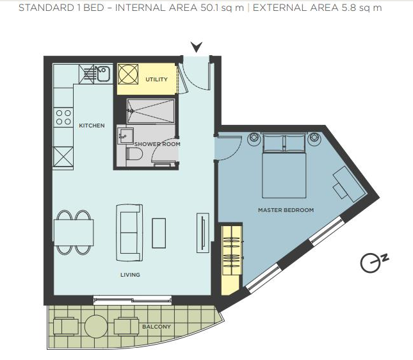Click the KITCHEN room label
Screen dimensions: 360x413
pos(92,126)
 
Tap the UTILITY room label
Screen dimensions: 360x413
pos(156,79)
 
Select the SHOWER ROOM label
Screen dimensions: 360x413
pos(157,144)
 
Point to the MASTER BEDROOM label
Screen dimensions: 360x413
pos(286,210)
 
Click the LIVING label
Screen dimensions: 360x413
pos(130,275)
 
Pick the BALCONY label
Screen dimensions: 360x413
pos(156,327)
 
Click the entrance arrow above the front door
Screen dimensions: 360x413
pos(197,47)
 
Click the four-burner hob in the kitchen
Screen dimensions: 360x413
pos(63,117)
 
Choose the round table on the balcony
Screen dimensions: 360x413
pos(96,326)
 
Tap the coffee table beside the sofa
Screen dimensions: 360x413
pos(159,232)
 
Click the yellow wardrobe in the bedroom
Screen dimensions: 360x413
pos(230,258)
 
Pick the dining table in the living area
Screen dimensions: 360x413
pos(74,232)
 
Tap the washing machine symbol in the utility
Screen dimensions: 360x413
pos(127,74)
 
